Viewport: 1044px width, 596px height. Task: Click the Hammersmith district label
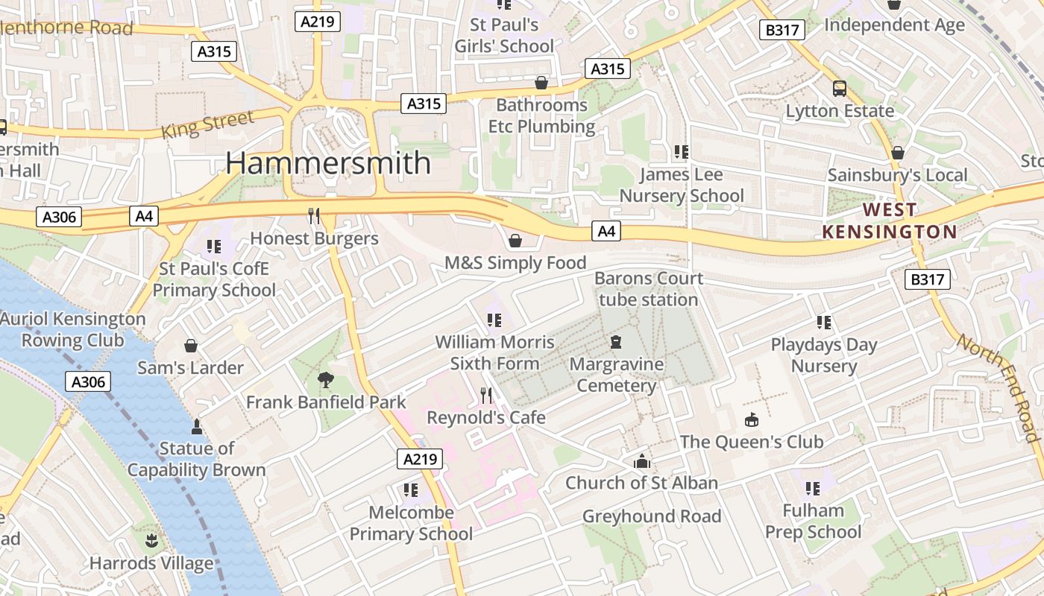click(x=328, y=163)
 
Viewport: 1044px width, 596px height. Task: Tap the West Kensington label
click(x=890, y=221)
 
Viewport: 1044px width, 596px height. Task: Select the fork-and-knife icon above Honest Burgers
click(x=314, y=216)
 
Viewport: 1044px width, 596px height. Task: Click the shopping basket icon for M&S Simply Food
click(x=515, y=241)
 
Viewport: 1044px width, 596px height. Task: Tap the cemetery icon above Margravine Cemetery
click(x=616, y=342)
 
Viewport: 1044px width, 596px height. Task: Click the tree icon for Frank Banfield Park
click(x=326, y=380)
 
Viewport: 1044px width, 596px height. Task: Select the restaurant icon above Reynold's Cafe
click(x=485, y=395)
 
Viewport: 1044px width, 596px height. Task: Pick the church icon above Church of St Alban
click(x=641, y=461)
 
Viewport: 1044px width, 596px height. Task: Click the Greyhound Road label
click(x=652, y=516)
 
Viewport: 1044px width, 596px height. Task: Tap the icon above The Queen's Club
click(x=751, y=419)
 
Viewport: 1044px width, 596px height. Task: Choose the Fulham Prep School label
click(x=813, y=521)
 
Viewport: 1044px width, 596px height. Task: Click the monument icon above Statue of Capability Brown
click(x=197, y=426)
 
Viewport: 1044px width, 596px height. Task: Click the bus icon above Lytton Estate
click(x=840, y=89)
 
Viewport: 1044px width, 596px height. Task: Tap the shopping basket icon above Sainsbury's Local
click(x=898, y=153)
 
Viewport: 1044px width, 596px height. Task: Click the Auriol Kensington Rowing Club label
click(x=73, y=330)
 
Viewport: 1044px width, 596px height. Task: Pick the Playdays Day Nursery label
click(x=824, y=355)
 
